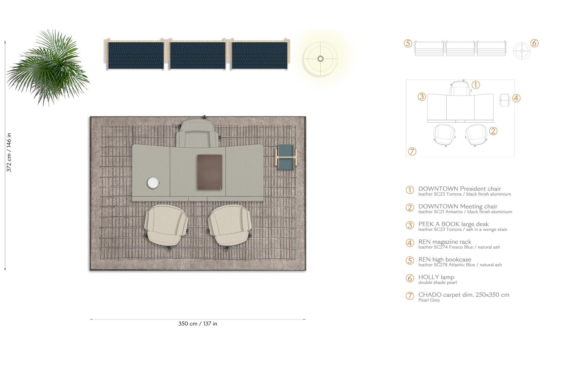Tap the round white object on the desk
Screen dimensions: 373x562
153,183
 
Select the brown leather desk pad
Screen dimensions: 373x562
210,172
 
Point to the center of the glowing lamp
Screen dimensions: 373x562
320,58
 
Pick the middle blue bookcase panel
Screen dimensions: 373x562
198,55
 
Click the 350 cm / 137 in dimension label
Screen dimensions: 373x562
197,324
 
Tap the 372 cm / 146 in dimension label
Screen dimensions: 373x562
9,152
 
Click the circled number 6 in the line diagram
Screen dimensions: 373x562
535,43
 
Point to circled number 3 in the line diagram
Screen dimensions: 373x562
421,97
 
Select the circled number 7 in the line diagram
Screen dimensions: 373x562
412,151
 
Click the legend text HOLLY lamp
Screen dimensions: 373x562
436,277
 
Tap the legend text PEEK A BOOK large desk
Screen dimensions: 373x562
453,224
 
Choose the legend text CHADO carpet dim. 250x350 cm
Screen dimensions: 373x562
463,295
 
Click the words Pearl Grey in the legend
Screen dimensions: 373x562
429,300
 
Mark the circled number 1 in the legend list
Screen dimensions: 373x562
410,190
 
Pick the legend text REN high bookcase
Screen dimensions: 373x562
445,259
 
